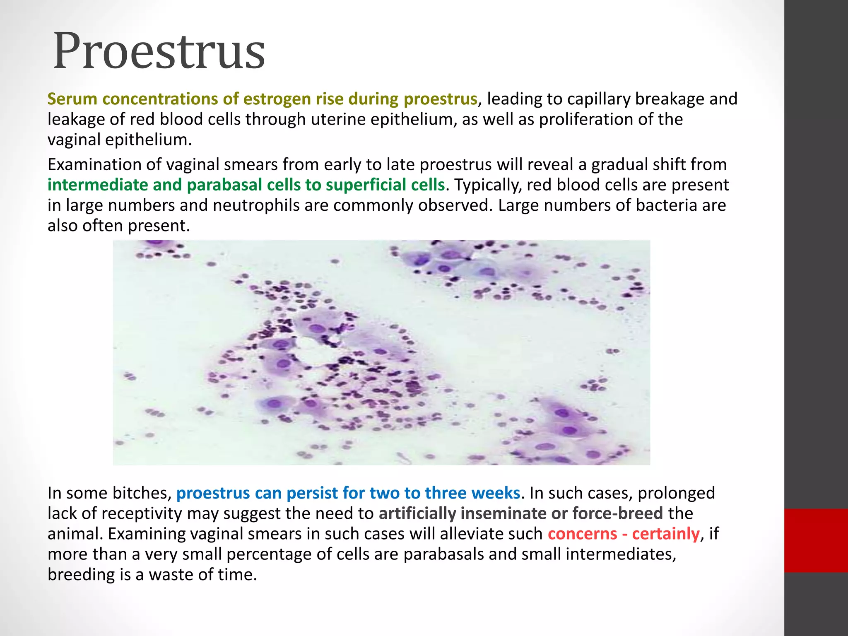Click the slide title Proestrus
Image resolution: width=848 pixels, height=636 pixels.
pos(159,52)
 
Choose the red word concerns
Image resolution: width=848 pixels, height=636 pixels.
pos(582,534)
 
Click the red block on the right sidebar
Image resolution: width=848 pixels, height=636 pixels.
pos(816,540)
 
